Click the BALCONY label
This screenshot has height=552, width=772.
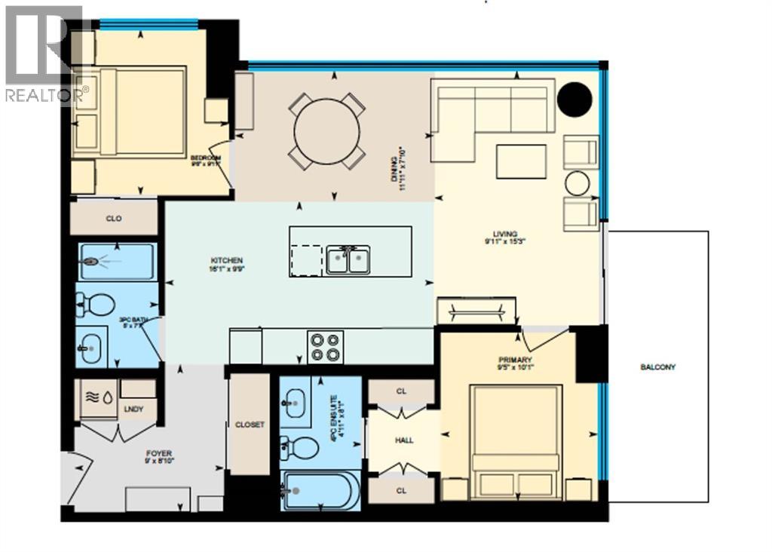pos(657,367)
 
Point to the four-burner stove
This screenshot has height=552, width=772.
pos(325,347)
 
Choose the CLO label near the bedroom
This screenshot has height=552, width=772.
pos(113,219)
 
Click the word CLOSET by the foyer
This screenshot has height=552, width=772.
pos(250,425)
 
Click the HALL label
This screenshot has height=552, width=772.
pos(404,440)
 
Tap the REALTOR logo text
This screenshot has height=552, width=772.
pos(45,95)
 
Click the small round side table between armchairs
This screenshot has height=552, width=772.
pos(578,183)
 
